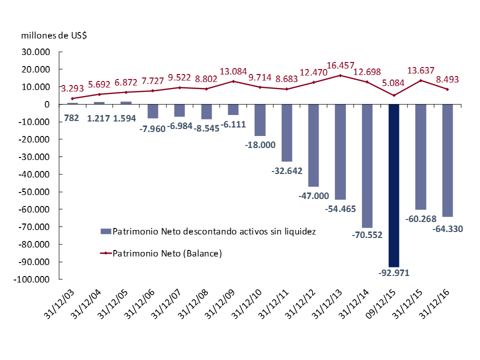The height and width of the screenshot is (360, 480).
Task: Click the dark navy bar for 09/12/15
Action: pyautogui.click(x=394, y=185)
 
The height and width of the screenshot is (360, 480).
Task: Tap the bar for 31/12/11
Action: pyautogui.click(x=286, y=132)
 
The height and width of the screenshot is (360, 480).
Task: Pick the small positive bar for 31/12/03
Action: pyautogui.click(x=72, y=103)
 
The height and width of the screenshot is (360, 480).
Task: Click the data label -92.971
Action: pyautogui.click(x=394, y=272)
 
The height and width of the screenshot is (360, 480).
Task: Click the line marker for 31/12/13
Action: pyautogui.click(x=340, y=75)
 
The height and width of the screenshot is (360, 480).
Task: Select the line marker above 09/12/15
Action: pyautogui.click(x=394, y=95)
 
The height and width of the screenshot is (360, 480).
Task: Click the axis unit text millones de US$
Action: pyautogui.click(x=53, y=35)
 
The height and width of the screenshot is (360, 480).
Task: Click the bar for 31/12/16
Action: pyautogui.click(x=447, y=160)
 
